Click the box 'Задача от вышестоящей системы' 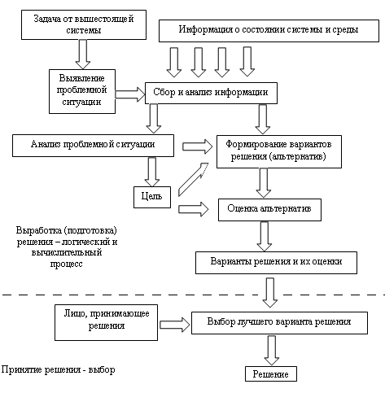pyautogui.click(x=84, y=25)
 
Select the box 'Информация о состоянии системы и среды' pyautogui.click(x=269, y=31)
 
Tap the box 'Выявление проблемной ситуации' pyautogui.click(x=82, y=91)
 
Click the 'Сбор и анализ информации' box pyautogui.click(x=211, y=93)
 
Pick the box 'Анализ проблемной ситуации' pyautogui.click(x=93, y=146)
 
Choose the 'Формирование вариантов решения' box pyautogui.click(x=279, y=151)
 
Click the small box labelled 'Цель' pyautogui.click(x=152, y=197)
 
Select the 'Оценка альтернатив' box pyautogui.click(x=269, y=210)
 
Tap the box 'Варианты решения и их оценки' pyautogui.click(x=276, y=263)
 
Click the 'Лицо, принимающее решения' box pyautogui.click(x=107, y=322)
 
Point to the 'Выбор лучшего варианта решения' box pyautogui.click(x=279, y=323)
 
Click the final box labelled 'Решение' pyautogui.click(x=271, y=374)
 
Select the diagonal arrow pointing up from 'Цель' pyautogui.click(x=193, y=179)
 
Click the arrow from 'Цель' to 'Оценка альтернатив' pyautogui.click(x=194, y=209)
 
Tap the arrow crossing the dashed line pyautogui.click(x=270, y=292)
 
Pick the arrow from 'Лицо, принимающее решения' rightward pyautogui.click(x=175, y=325)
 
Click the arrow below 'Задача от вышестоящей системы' pyautogui.click(x=83, y=55)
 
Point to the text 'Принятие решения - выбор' pyautogui.click(x=59, y=369)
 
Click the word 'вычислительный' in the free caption pyautogui.click(x=67, y=252)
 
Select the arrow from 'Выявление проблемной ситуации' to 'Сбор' pyautogui.click(x=130, y=94)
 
